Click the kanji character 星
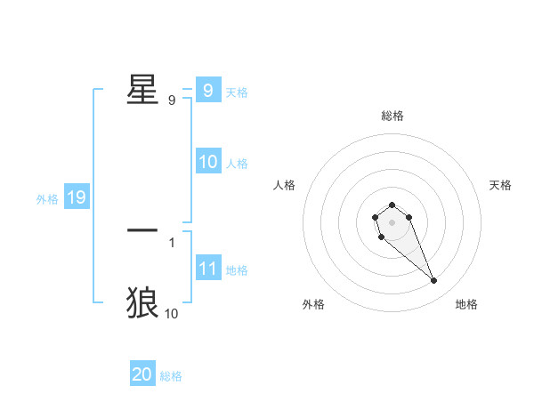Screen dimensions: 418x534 tap(142, 89)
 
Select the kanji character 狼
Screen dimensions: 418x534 tap(142, 302)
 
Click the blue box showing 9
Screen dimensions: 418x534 tap(207, 90)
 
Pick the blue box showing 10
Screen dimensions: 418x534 tap(208, 162)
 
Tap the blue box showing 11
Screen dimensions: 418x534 tap(208, 269)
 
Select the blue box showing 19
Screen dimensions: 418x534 tap(77, 197)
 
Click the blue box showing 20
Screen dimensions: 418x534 tap(142, 374)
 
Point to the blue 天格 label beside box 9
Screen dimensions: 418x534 tap(237, 92)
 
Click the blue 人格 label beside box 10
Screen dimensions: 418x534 tap(237, 164)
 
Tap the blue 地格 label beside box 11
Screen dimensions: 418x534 tap(237, 270)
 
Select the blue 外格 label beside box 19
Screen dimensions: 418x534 tap(47, 199)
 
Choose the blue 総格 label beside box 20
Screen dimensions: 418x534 tap(171, 376)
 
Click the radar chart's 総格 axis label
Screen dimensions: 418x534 tap(392, 116)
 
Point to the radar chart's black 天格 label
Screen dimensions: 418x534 tap(501, 185)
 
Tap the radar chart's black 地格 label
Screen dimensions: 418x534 tap(466, 304)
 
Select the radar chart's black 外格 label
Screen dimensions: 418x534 tap(313, 304)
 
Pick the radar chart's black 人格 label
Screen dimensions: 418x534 tap(285, 185)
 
